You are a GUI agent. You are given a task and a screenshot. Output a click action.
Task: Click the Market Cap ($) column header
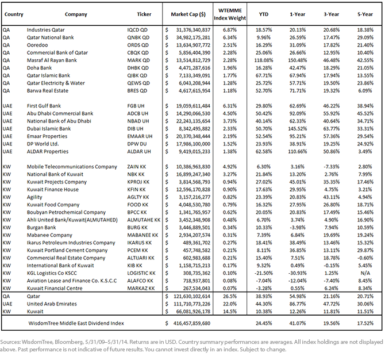click(x=188, y=14)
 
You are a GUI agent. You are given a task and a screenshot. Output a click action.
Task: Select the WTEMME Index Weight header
click(x=230, y=14)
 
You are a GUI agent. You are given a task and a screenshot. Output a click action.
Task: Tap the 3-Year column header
click(x=331, y=14)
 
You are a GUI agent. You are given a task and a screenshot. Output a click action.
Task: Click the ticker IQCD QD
click(x=137, y=30)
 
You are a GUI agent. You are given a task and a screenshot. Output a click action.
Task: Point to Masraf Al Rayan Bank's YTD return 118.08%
click(x=264, y=60)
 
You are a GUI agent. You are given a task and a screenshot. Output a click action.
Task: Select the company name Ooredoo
click(x=37, y=45)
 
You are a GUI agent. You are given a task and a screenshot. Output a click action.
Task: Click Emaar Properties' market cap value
click(x=193, y=136)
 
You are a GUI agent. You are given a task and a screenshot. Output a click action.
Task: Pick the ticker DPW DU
click(x=137, y=144)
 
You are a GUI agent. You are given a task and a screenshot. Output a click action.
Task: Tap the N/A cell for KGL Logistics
click(x=365, y=273)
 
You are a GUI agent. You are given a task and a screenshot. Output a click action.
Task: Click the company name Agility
click(x=34, y=197)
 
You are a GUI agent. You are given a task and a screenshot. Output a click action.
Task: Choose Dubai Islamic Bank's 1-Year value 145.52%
click(x=297, y=128)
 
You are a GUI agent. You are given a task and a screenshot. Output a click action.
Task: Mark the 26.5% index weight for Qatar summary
click(x=230, y=296)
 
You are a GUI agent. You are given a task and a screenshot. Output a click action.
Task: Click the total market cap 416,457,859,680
click(x=192, y=323)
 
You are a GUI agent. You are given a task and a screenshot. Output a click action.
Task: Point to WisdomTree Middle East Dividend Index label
click(x=76, y=323)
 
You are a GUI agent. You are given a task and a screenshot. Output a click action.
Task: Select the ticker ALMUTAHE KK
click(x=144, y=220)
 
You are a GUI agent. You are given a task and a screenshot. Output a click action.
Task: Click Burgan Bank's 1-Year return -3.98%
click(x=297, y=227)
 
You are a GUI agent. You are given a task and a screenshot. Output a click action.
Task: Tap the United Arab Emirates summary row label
click(x=52, y=304)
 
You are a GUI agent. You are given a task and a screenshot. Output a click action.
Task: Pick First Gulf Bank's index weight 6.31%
click(x=230, y=106)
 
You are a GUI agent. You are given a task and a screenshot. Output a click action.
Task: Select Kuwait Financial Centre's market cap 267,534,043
click(x=197, y=288)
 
